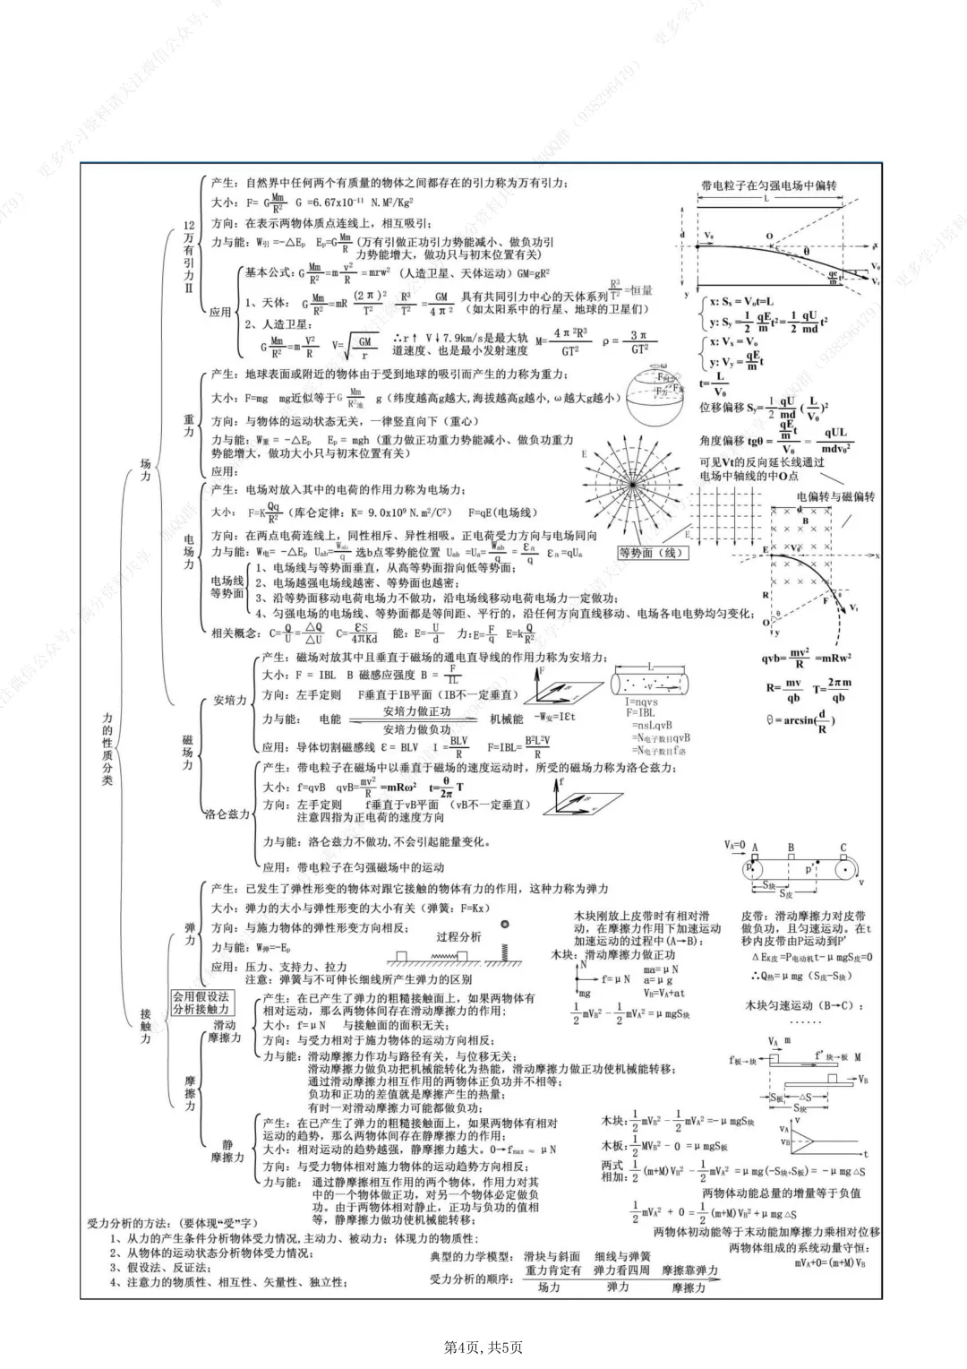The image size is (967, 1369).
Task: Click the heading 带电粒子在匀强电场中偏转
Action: point(768,185)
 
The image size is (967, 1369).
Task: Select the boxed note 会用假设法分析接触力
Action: point(201,1003)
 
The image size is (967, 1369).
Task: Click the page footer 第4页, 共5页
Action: point(483,1347)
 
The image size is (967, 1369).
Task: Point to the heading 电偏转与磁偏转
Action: point(836,496)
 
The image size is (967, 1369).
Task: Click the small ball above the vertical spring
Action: point(506,925)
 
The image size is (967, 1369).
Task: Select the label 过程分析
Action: point(458,937)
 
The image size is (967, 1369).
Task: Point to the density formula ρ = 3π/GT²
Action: point(638,342)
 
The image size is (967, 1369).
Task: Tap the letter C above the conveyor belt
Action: point(843,848)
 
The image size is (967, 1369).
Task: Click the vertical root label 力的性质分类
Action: point(107,749)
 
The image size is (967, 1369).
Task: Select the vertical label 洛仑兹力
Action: point(227,814)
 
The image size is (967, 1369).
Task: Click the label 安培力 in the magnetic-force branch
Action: point(229,701)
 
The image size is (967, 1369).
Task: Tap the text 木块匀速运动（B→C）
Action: point(805,1005)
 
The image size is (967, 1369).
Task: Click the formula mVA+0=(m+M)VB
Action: point(830,1262)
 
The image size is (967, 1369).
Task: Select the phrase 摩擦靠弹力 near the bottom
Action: point(689,1270)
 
